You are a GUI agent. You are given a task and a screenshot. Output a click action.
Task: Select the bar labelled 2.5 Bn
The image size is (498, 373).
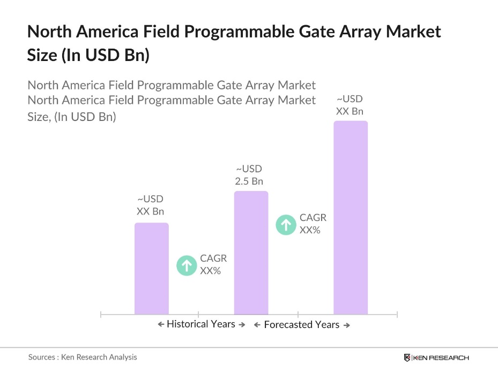click(x=251, y=252)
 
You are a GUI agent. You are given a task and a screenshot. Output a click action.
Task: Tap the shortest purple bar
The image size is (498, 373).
click(x=151, y=268)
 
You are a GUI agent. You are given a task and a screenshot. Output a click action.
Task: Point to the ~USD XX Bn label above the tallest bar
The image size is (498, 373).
click(x=350, y=105)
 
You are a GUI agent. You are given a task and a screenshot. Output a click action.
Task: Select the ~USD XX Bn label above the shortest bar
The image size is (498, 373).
click(x=150, y=205)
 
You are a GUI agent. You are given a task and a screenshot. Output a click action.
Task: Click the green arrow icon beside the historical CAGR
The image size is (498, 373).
click(x=187, y=265)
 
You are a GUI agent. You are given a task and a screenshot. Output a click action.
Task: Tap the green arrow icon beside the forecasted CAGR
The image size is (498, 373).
click(x=286, y=224)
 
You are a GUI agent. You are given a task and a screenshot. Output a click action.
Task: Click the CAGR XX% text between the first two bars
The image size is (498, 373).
click(x=213, y=264)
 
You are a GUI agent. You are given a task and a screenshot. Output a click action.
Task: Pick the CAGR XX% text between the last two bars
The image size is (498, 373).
click(x=313, y=224)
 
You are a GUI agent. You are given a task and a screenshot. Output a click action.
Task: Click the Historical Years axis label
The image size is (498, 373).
click(x=201, y=324)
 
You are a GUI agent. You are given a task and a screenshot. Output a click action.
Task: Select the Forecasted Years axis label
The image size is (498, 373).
click(x=301, y=325)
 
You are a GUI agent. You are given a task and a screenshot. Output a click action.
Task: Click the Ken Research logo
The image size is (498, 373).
click(x=436, y=357)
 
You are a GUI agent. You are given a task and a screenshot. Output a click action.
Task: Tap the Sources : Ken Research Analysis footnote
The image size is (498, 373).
click(x=83, y=357)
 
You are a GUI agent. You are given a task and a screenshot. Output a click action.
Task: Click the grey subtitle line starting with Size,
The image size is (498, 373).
click(x=71, y=116)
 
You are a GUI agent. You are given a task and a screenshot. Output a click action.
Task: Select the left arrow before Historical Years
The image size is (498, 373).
click(x=161, y=324)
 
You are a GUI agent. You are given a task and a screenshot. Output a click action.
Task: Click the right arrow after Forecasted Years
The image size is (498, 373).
click(x=346, y=325)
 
